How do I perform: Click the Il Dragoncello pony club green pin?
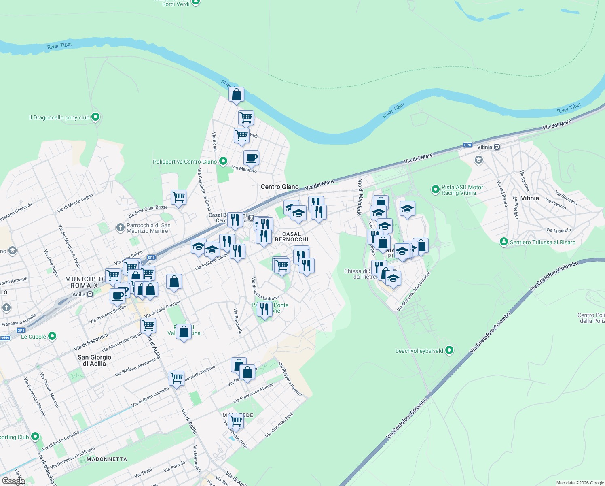95,117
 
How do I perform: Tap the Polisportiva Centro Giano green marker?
223,161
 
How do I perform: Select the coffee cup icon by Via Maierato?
251,158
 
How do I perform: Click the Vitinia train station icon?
497,147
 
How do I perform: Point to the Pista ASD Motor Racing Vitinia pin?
435,189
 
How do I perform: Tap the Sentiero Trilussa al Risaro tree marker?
503,242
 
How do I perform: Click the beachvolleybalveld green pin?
449,350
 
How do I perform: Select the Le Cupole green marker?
52,336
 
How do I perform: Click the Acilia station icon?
90,294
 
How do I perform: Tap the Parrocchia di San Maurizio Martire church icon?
120,227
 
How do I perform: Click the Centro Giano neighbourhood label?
279,187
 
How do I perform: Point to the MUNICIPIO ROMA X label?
84,282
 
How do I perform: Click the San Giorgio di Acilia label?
94,360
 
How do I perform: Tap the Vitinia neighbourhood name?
530,198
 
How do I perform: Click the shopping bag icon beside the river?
236,95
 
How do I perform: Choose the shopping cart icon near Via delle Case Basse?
178,197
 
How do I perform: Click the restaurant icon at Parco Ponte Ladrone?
264,309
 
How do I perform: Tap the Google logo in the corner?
13,481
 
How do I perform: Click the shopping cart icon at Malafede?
236,421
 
